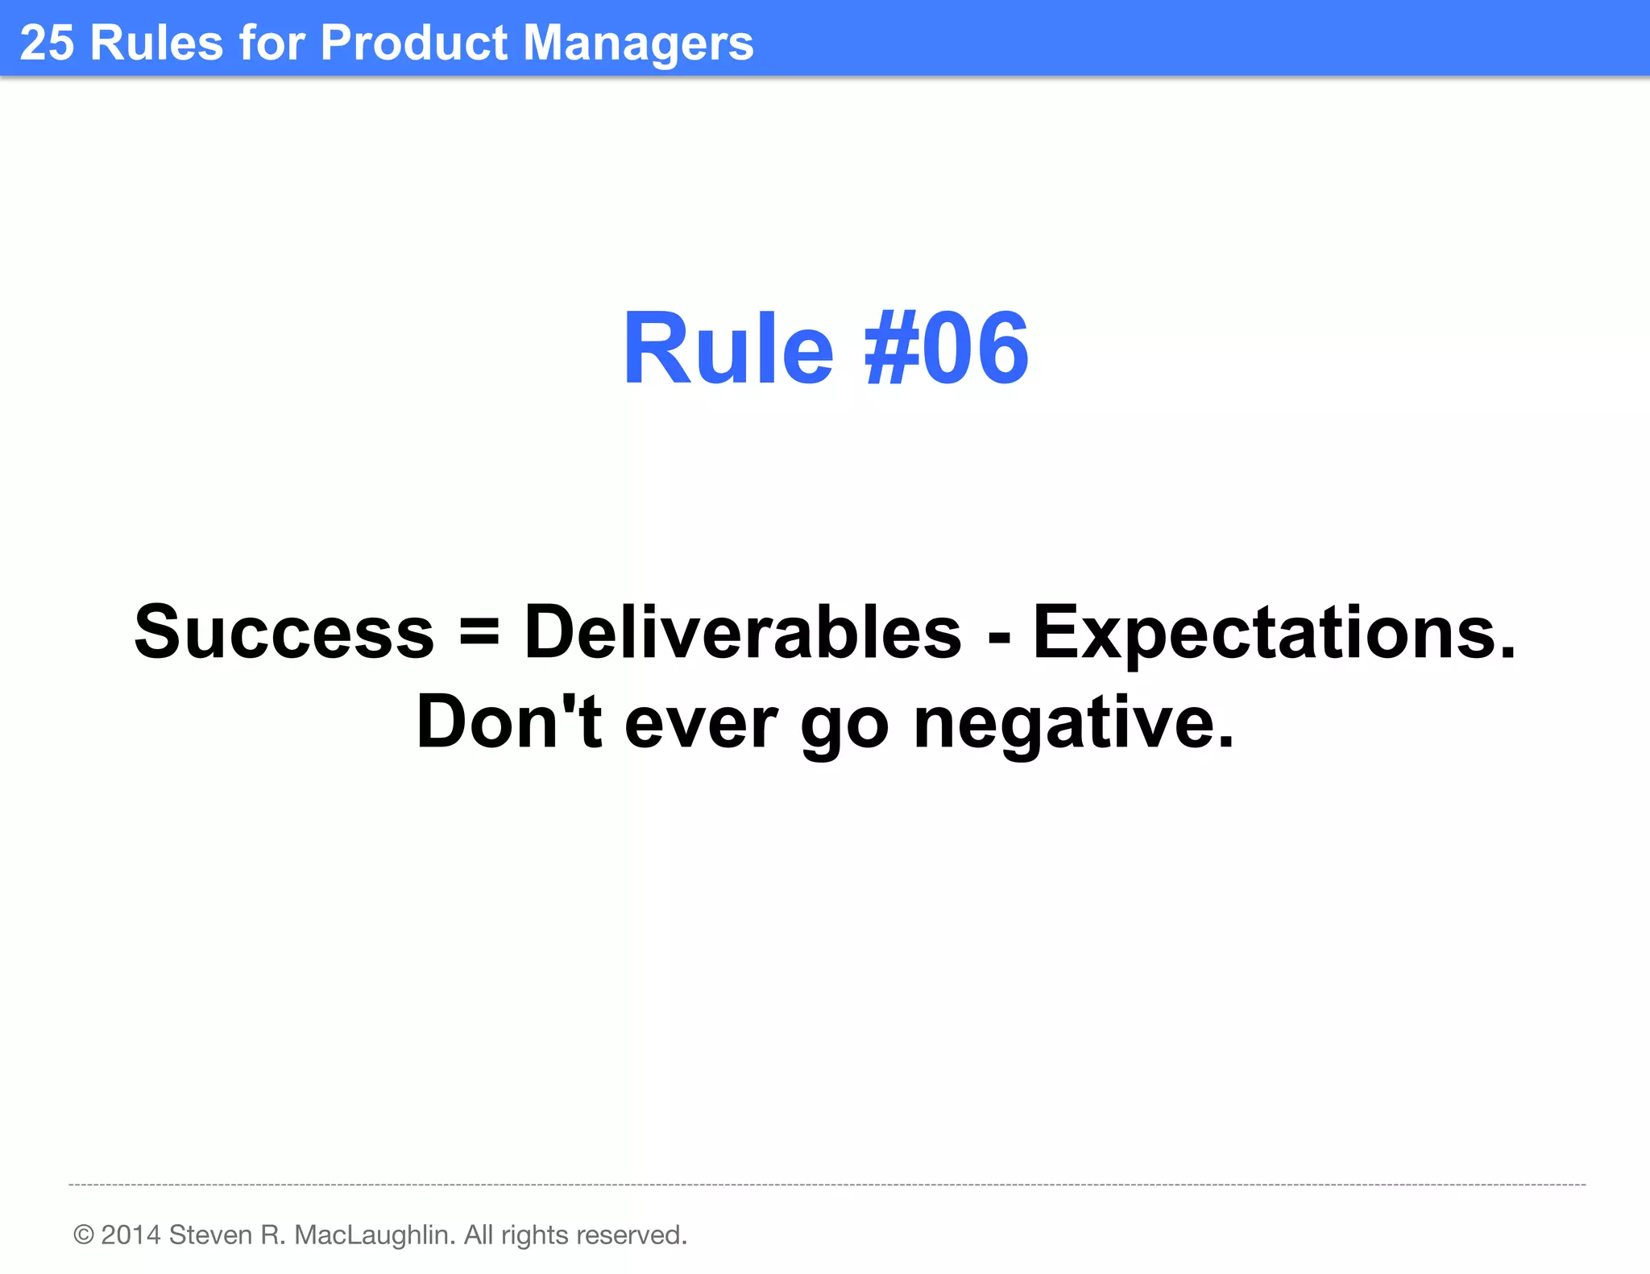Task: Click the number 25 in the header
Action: [46, 43]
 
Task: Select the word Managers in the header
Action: [638, 44]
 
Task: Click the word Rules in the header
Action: [156, 43]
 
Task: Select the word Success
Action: [284, 633]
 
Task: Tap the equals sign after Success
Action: [479, 633]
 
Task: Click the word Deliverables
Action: [742, 633]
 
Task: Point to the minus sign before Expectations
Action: [998, 636]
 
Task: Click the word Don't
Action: [508, 722]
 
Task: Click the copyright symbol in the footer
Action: [84, 1235]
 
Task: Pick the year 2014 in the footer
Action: [131, 1235]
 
